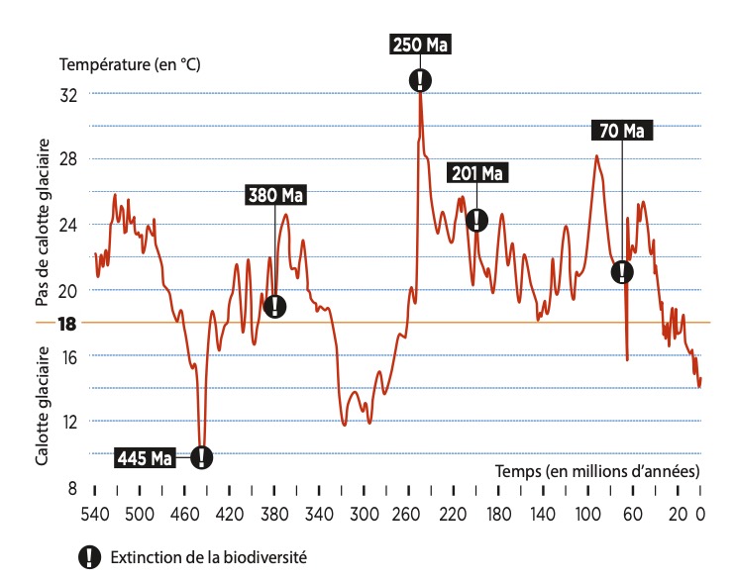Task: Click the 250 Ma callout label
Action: pyautogui.click(x=421, y=46)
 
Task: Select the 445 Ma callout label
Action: pyautogui.click(x=145, y=458)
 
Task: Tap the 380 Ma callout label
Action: pyautogui.click(x=275, y=195)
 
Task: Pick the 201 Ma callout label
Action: pyautogui.click(x=476, y=174)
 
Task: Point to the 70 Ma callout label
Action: pyautogui.click(x=622, y=131)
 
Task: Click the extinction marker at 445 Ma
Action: pyautogui.click(x=201, y=457)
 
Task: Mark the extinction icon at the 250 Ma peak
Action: pyautogui.click(x=421, y=80)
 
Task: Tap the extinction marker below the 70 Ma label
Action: pyautogui.click(x=622, y=271)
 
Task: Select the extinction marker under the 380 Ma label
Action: pyautogui.click(x=275, y=306)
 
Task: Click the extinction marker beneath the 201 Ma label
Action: pyautogui.click(x=476, y=220)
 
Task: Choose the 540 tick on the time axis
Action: pyautogui.click(x=94, y=514)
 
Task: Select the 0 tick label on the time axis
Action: pyautogui.click(x=699, y=514)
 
